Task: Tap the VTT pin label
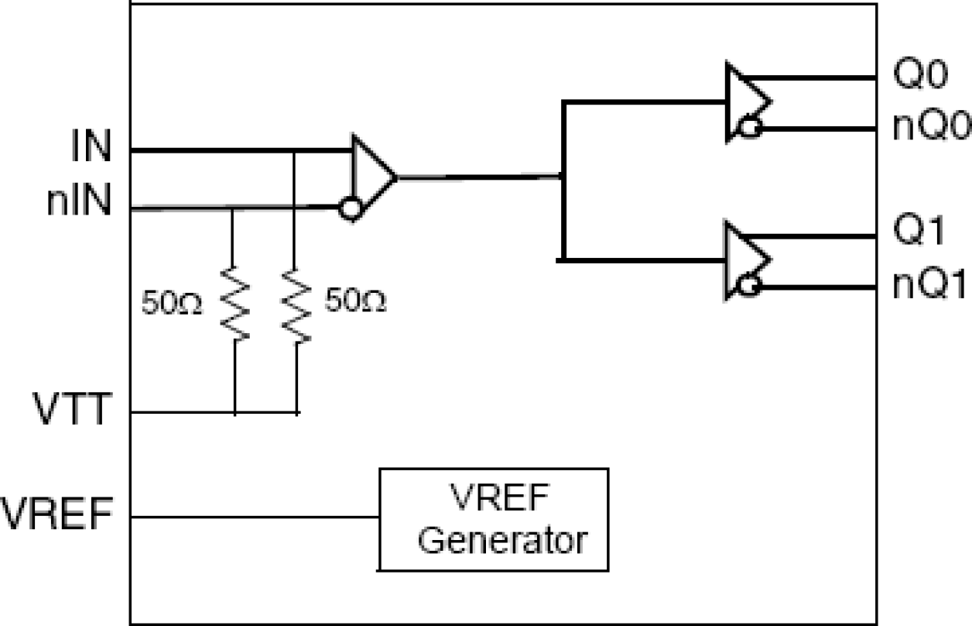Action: tap(74, 410)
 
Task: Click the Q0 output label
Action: tap(919, 77)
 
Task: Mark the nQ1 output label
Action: tap(932, 286)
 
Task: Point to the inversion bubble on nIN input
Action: tap(351, 208)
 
